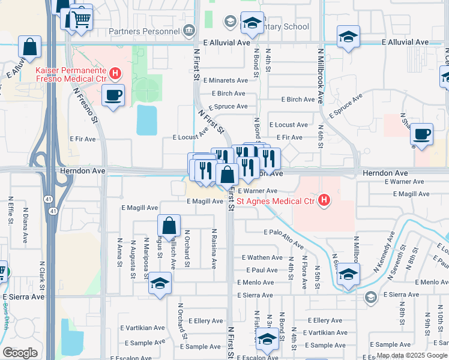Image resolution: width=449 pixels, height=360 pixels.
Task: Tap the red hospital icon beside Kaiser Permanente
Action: click(x=116, y=74)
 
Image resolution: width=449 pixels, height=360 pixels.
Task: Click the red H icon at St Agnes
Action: click(x=324, y=200)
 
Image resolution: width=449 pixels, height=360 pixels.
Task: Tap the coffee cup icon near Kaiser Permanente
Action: click(x=113, y=95)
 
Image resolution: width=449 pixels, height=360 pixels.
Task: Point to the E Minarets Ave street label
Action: click(x=225, y=80)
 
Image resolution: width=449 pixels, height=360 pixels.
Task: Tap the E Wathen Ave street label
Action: click(x=261, y=257)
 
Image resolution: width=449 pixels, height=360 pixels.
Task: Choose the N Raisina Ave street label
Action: click(x=214, y=248)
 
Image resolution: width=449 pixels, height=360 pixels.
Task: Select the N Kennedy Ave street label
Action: click(x=384, y=256)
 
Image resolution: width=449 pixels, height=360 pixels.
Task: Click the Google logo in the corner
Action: click(x=20, y=353)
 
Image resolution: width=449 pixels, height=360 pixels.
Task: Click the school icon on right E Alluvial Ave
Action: click(x=348, y=37)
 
